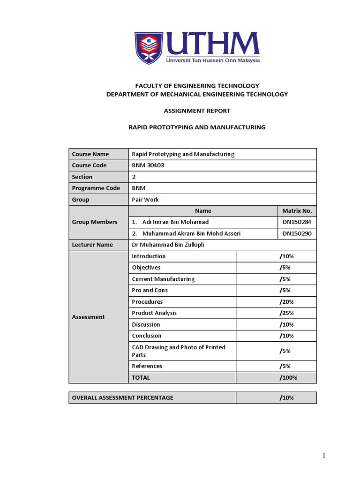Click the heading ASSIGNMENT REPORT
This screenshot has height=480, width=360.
click(x=197, y=111)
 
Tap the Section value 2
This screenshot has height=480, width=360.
click(x=134, y=177)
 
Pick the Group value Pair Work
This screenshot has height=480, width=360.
click(x=145, y=200)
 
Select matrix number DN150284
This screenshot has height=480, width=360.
click(x=297, y=222)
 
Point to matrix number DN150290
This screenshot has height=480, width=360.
click(x=297, y=233)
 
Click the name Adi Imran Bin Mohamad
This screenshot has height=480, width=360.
click(x=175, y=222)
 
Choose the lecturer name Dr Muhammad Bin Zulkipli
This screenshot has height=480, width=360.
click(x=168, y=245)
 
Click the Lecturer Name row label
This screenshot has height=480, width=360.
click(x=92, y=245)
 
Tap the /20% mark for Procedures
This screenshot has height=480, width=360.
click(x=286, y=302)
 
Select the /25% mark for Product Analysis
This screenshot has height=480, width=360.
click(x=286, y=313)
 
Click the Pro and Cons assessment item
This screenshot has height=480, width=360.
click(x=150, y=290)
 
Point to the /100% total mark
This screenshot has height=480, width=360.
click(x=288, y=377)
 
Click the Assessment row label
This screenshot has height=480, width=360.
click(x=89, y=317)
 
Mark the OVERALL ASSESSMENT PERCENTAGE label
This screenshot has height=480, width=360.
click(x=122, y=398)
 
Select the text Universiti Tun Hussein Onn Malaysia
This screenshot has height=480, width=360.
click(x=212, y=60)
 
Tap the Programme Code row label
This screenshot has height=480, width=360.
click(x=96, y=188)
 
